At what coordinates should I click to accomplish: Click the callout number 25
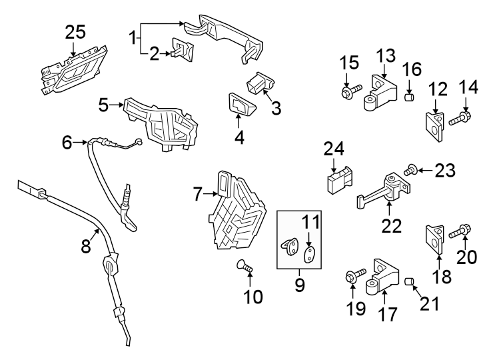pyautogui.click(x=75, y=32)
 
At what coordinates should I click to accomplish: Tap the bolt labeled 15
pyautogui.click(x=351, y=88)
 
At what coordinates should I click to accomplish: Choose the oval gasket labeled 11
pyautogui.click(x=309, y=254)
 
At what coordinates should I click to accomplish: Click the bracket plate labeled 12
pyautogui.click(x=434, y=126)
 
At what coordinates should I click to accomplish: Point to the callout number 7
pyautogui.click(x=197, y=195)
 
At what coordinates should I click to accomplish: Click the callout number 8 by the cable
pyautogui.click(x=85, y=246)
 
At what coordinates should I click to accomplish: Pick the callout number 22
pyautogui.click(x=392, y=225)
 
